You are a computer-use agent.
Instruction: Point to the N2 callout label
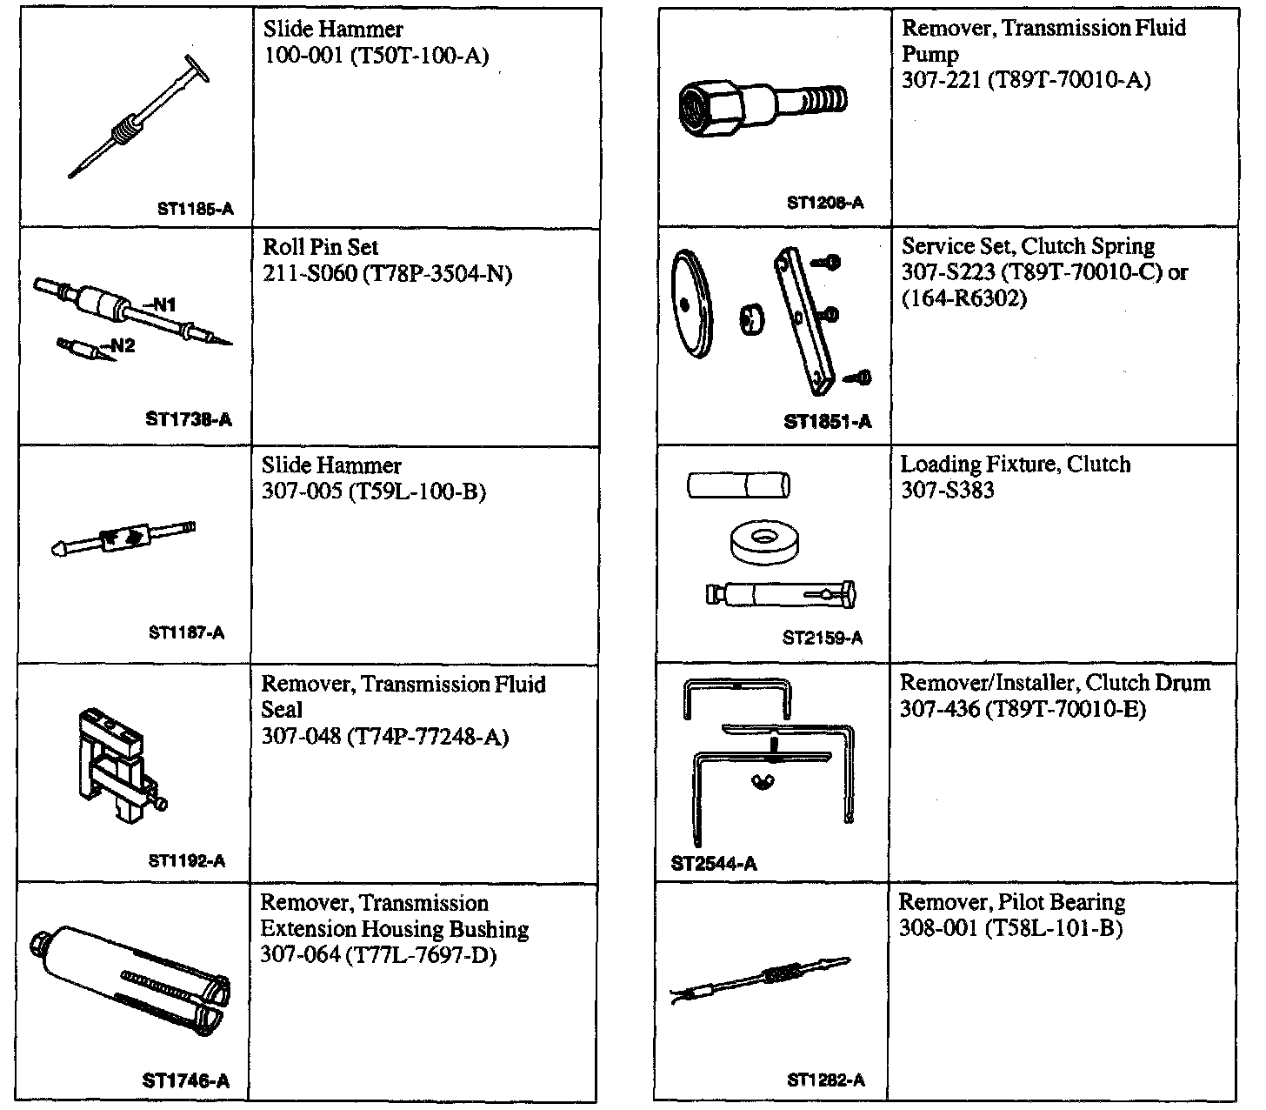point(122,345)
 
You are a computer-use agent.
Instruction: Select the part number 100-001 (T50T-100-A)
point(376,57)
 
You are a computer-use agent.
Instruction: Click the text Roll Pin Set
point(320,247)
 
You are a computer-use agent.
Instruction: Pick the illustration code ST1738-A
point(189,419)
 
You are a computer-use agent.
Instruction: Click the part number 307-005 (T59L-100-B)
point(373,492)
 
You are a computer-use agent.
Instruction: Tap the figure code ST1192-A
point(186,861)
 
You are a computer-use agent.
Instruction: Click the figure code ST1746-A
point(185,1081)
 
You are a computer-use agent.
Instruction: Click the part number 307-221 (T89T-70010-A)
point(1025,81)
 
